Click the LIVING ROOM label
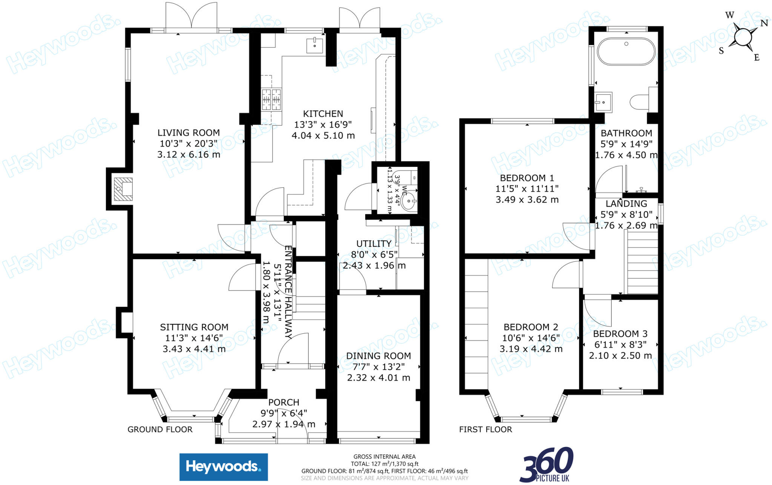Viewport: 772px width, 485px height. click(188, 133)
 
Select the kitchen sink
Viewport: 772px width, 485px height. click(314, 46)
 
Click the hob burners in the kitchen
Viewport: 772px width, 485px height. click(272, 100)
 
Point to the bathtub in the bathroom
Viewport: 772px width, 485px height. click(626, 52)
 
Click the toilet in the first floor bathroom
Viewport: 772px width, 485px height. click(639, 102)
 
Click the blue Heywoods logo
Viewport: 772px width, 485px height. click(224, 467)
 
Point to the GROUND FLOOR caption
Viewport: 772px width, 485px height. click(160, 429)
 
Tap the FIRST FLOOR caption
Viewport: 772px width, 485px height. click(486, 429)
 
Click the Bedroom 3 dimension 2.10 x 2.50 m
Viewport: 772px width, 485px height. click(620, 355)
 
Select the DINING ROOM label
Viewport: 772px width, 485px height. click(378, 356)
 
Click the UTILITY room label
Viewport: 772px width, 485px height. click(374, 244)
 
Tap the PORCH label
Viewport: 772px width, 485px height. click(284, 402)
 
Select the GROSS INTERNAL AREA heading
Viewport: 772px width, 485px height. click(384, 457)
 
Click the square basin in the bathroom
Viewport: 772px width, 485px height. click(603, 102)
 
